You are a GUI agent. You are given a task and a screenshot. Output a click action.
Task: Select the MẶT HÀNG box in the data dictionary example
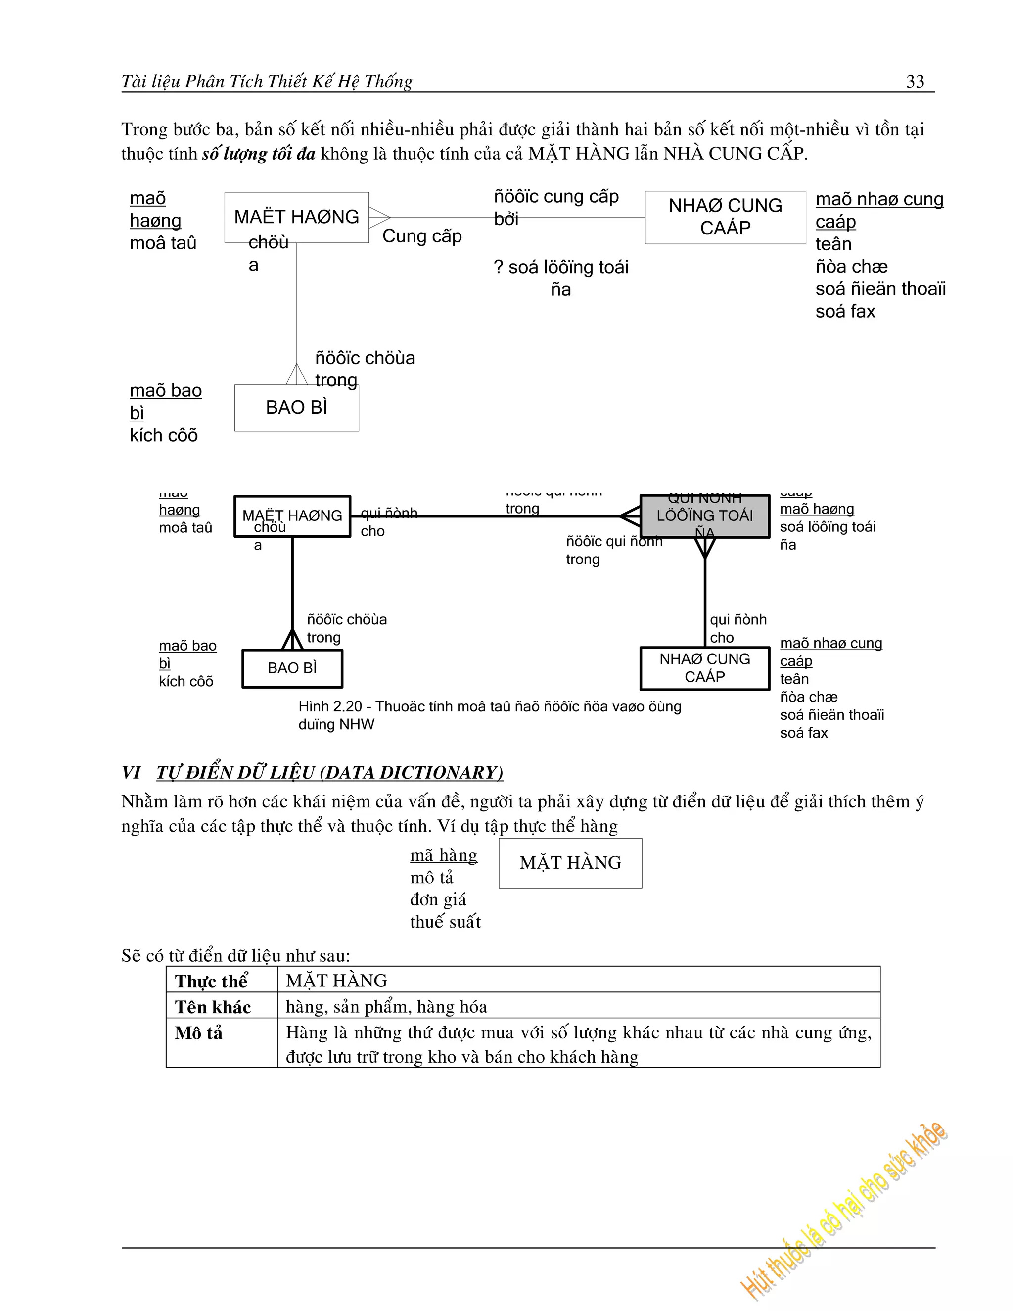click(x=570, y=863)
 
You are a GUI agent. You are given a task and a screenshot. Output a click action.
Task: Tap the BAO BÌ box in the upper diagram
click(x=296, y=408)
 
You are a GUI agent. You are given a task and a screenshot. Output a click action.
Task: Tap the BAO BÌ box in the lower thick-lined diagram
click(x=292, y=667)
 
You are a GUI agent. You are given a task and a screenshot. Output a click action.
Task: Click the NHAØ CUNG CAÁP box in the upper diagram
click(x=725, y=217)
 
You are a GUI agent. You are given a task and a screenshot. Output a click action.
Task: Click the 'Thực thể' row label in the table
click(x=211, y=981)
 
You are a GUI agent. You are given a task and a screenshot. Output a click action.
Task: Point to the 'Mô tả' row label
click(x=199, y=1033)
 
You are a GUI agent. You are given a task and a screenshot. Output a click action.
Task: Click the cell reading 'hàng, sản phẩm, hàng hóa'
click(x=386, y=1007)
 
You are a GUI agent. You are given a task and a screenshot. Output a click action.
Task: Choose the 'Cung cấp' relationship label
click(x=422, y=236)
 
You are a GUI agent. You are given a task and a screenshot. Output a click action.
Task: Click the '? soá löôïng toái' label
click(x=560, y=267)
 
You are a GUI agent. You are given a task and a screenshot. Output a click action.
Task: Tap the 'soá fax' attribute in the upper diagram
click(x=845, y=312)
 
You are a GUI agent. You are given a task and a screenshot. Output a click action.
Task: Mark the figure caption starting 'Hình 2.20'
click(x=489, y=715)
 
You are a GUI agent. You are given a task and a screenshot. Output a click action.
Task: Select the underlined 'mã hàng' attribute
click(x=444, y=855)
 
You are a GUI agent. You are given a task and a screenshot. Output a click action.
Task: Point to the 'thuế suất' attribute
click(x=445, y=922)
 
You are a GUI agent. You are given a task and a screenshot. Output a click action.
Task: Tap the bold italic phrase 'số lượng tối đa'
click(x=259, y=154)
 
